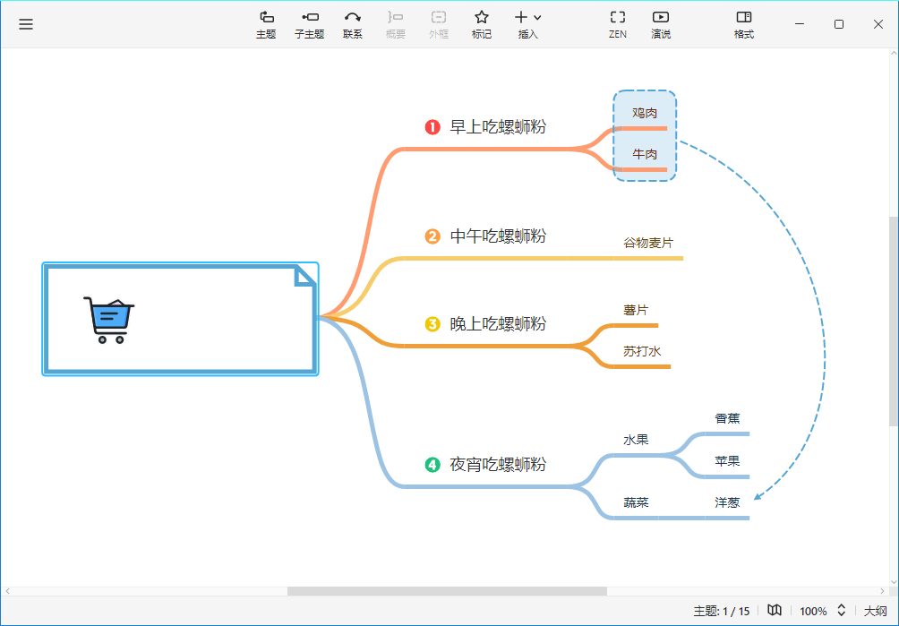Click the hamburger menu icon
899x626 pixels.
(x=26, y=24)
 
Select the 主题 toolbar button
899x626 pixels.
(x=266, y=25)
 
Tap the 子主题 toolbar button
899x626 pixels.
(x=310, y=25)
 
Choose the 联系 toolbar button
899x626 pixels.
(x=353, y=25)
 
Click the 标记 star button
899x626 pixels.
(x=482, y=25)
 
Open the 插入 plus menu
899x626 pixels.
(x=528, y=25)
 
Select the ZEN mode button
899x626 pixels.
(x=618, y=25)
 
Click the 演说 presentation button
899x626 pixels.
(x=661, y=25)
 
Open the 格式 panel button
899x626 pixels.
(x=744, y=25)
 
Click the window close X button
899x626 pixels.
(x=878, y=24)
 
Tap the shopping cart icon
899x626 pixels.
(x=109, y=320)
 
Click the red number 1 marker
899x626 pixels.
(x=432, y=126)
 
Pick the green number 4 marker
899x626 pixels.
(x=432, y=464)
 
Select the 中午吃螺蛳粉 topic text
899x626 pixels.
(x=498, y=236)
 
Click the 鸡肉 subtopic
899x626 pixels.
(x=645, y=113)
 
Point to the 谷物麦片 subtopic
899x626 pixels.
(x=648, y=243)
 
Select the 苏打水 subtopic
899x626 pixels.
(x=642, y=351)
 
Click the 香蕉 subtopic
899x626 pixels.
(x=727, y=418)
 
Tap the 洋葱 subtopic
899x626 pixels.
(x=727, y=502)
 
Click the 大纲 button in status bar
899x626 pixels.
(x=876, y=611)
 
